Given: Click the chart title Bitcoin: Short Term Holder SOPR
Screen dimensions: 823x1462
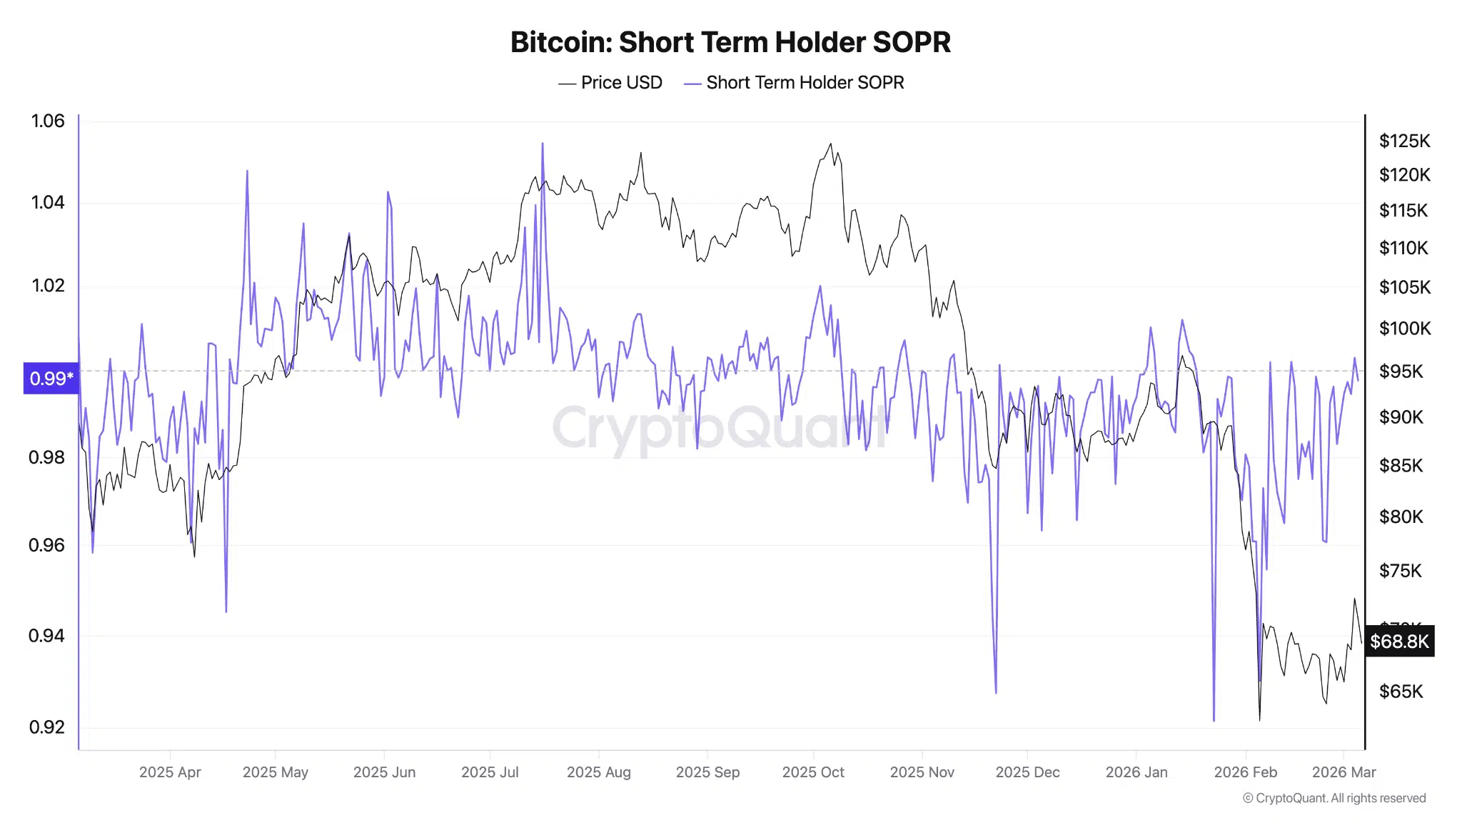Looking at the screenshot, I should coord(730,42).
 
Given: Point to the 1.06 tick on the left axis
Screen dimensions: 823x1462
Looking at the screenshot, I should coord(48,121).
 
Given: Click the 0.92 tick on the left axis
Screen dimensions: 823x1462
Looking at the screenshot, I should coord(47,727).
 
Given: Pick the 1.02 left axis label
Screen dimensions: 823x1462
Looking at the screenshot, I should coord(48,286).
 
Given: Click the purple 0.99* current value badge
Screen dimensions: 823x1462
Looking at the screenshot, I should coord(51,379).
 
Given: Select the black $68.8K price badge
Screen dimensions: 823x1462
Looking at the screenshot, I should coord(1399,642).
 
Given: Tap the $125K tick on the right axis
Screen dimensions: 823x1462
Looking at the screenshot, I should coord(1404,141).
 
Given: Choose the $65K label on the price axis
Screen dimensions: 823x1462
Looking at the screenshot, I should coord(1401,692).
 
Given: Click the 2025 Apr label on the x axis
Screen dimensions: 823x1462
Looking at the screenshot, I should coord(170,772).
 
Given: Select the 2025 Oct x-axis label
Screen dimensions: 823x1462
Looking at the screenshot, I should coord(813,772).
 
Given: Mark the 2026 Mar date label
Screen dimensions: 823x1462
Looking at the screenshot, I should coord(1343,772).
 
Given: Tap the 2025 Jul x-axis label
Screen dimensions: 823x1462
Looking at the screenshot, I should coord(490,772).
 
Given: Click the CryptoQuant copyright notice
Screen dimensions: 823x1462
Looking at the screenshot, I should coord(1334,799).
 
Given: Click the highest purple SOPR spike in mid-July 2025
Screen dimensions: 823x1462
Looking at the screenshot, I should coord(543,144).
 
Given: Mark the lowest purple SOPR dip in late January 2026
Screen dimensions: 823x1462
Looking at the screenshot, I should coord(1214,720).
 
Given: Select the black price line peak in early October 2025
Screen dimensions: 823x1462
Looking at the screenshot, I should coord(830,144).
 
